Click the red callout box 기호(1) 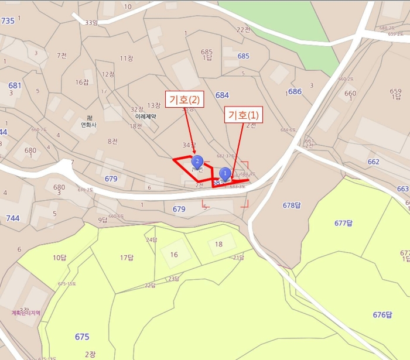[243, 115]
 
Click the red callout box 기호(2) [184, 100]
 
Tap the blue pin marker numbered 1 [224, 173]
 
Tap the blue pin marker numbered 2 [198, 160]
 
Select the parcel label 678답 [292, 205]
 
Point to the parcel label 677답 [343, 222]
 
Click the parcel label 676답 [382, 315]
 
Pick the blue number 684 [222, 95]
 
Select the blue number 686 [295, 92]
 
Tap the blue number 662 [373, 162]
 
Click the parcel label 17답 [127, 258]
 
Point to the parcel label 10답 [60, 258]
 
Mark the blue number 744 [13, 218]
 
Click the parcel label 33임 [91, 23]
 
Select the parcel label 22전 [242, 29]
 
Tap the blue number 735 [8, 21]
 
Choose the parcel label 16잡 [81, 83]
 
